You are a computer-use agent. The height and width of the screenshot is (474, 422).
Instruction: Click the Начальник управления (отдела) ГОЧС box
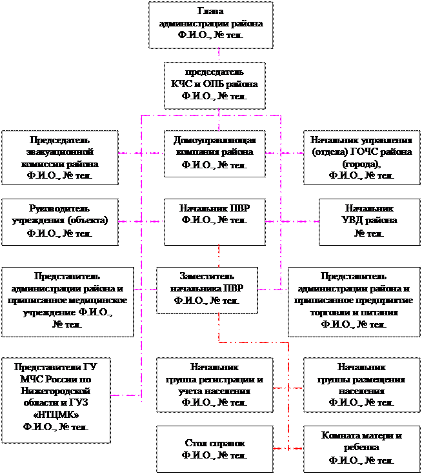pos(361,157)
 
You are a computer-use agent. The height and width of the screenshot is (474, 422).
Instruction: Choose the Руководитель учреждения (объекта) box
pos(60,221)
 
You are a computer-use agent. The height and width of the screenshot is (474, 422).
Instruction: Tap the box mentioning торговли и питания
pos(354,300)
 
